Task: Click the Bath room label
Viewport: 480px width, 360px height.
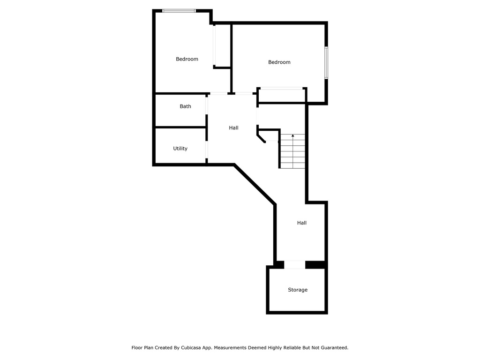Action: tap(186, 106)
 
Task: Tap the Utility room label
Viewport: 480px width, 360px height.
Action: tap(180, 149)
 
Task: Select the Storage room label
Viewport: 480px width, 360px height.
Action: tap(298, 290)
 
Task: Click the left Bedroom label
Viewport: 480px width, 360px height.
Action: tap(187, 59)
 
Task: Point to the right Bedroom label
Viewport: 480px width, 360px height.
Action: tap(279, 62)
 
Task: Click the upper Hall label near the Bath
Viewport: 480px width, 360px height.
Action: tap(233, 127)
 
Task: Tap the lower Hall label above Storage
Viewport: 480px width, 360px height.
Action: tap(302, 223)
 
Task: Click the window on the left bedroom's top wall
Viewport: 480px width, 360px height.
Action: tap(179, 10)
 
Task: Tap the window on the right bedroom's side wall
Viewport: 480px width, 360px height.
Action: tap(326, 62)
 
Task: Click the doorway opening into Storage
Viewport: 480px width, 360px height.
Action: tap(295, 265)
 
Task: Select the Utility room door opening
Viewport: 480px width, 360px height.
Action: tap(207, 149)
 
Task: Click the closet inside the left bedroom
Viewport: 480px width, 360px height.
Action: tap(222, 45)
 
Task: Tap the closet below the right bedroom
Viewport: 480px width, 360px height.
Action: tap(281, 95)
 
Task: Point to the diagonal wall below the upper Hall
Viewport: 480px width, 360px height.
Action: tap(255, 184)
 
